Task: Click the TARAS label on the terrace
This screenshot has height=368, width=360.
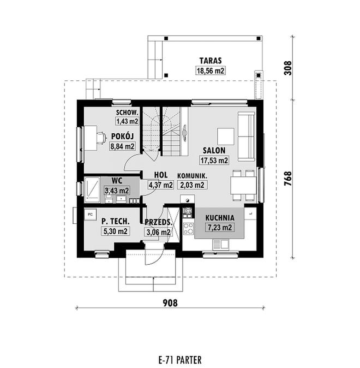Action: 211,61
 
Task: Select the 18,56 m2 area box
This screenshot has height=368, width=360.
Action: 211,70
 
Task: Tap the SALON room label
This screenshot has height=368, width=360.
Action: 214,151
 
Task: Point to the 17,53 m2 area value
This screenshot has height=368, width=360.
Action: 214,161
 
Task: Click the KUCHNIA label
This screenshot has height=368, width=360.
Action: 220,218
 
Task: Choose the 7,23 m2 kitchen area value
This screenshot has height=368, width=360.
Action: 220,228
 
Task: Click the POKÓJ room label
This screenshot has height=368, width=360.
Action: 122,136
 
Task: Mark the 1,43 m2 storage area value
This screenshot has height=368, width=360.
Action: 127,121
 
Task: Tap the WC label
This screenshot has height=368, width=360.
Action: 117,181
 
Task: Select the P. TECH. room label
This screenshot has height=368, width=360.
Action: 116,221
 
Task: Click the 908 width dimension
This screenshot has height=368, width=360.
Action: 170,303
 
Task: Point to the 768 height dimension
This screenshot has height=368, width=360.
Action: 288,179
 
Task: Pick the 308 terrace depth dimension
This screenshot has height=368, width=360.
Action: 288,68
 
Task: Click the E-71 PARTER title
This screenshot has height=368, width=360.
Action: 180,360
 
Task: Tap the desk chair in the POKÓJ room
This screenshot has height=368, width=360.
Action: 101,138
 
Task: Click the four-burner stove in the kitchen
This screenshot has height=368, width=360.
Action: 188,229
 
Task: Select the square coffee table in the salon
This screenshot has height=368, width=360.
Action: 226,136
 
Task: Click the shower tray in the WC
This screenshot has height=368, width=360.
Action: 93,189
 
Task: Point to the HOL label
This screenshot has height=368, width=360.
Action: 161,175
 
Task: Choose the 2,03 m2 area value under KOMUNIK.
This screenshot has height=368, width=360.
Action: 192,185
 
